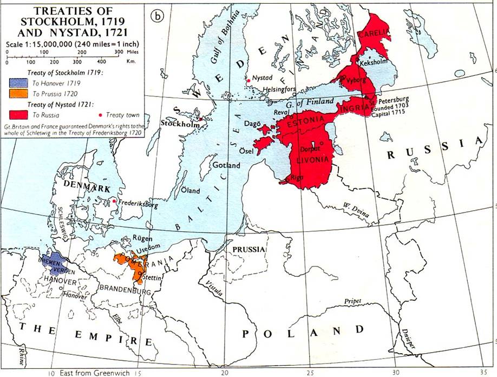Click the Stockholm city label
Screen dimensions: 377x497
coord(175,122)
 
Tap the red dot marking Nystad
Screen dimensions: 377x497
coord(248,81)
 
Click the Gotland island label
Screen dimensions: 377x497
coord(226,165)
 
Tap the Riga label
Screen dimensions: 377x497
coord(296,177)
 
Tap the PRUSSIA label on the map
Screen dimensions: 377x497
coord(248,249)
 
